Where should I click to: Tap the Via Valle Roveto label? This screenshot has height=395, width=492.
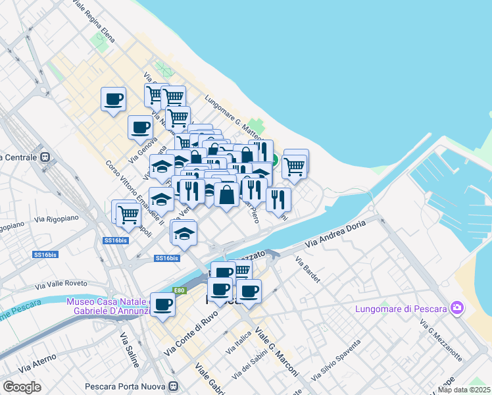[x=62, y=284]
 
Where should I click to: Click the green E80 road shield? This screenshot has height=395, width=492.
[x=179, y=290]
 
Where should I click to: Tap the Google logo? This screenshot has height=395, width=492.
[x=22, y=387]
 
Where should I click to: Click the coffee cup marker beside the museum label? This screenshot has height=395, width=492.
[x=162, y=303]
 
